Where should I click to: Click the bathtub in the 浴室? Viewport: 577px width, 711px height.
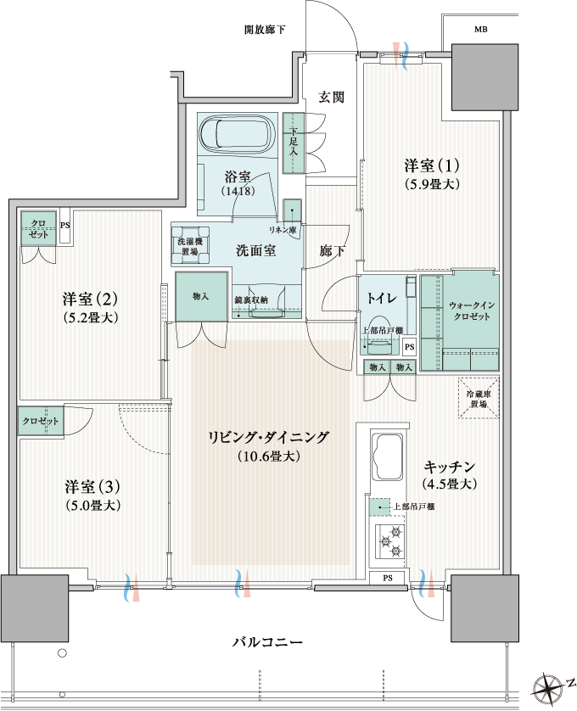click(238, 134)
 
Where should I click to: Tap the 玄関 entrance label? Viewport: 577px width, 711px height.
click(331, 97)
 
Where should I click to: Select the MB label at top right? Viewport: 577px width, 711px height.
click(481, 30)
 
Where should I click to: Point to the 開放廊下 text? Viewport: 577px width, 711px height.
click(265, 30)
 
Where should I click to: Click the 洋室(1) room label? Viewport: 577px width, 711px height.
click(431, 165)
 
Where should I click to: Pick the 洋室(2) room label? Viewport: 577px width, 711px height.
click(90, 299)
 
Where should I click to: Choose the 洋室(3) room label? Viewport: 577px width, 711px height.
click(92, 486)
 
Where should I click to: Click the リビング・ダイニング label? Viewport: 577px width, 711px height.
click(268, 437)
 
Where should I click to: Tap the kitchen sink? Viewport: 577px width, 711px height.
click(387, 457)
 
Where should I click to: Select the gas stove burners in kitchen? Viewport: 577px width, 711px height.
click(390, 541)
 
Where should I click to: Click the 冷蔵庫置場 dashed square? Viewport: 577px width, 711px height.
click(479, 398)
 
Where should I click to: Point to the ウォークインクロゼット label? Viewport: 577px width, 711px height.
click(472, 311)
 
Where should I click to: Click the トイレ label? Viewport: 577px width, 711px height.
click(382, 298)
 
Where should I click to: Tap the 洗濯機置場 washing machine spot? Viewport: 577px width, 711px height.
click(190, 245)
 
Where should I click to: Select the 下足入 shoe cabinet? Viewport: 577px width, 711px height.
click(294, 143)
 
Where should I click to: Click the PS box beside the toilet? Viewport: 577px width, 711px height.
click(409, 347)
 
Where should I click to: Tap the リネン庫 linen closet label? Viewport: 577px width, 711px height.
click(283, 230)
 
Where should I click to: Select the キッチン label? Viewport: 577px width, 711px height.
click(450, 467)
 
